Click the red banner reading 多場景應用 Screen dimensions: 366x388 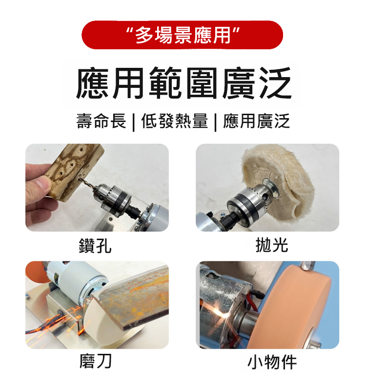(182, 35)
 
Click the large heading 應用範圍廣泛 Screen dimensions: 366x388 (183, 83)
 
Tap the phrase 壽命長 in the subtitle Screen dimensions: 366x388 (101, 121)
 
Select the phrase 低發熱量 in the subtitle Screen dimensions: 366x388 (175, 121)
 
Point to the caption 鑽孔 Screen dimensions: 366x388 (95, 245)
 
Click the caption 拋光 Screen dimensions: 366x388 (272, 245)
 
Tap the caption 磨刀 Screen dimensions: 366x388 (96, 361)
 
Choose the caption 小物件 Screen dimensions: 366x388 (272, 362)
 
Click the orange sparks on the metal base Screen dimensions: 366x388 (60, 322)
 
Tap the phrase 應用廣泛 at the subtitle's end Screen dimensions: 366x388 (256, 121)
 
